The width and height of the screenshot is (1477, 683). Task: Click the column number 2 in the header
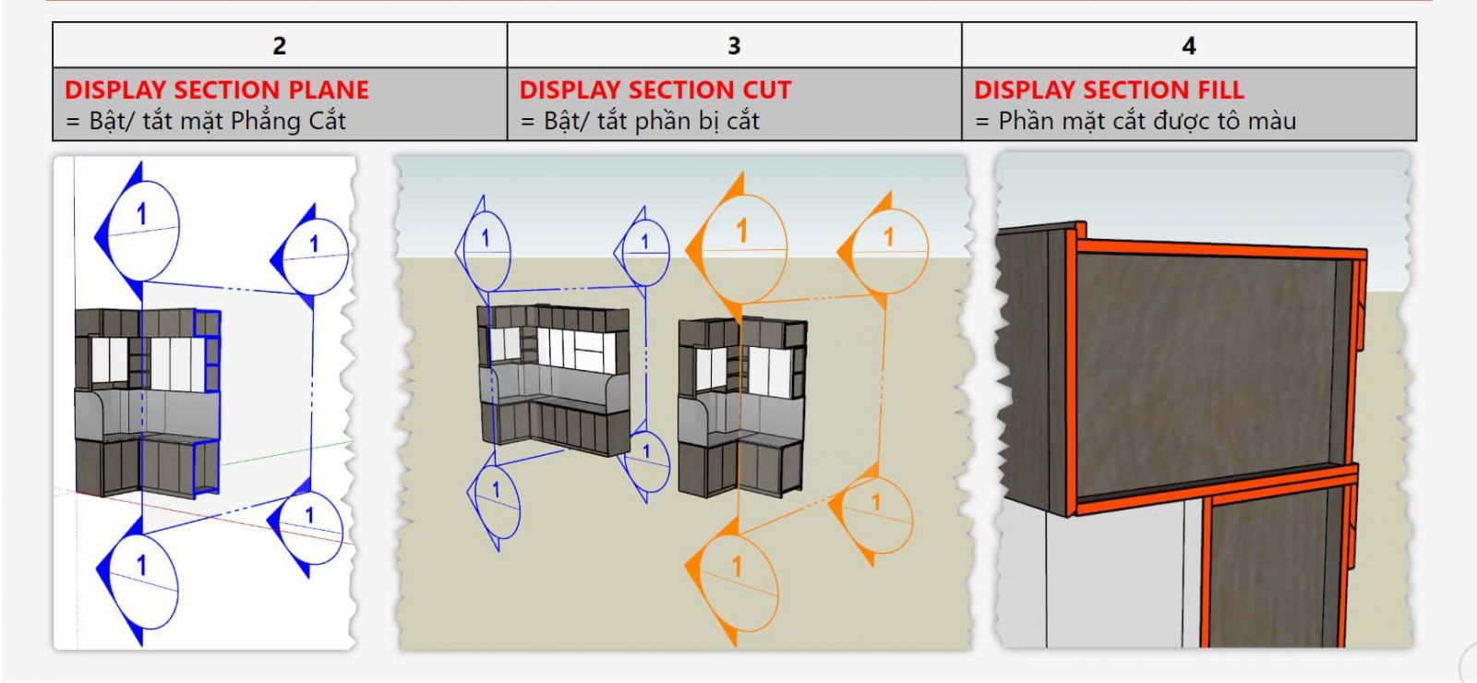click(x=279, y=45)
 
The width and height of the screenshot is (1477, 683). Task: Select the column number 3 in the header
click(x=734, y=45)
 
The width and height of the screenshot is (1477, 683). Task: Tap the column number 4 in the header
click(x=1189, y=45)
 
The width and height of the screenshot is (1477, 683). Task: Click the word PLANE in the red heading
click(x=329, y=90)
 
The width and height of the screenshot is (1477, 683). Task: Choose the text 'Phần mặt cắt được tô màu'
click(x=1147, y=121)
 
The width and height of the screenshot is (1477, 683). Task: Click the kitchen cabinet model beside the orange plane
click(x=740, y=406)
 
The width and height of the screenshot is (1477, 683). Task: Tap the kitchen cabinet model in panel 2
click(x=148, y=401)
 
